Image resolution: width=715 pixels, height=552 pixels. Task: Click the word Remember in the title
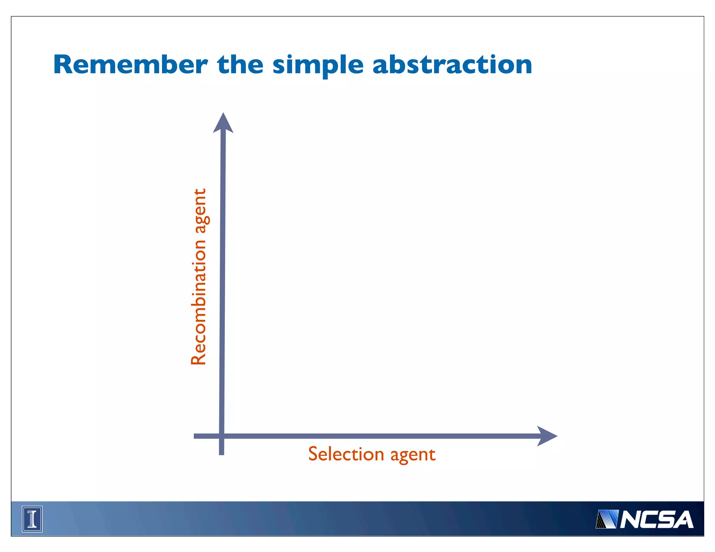coord(131,65)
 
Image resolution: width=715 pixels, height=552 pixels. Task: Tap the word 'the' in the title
coord(240,65)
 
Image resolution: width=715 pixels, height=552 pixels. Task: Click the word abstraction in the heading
coord(452,65)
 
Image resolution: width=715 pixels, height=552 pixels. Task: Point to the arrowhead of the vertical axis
coord(223,123)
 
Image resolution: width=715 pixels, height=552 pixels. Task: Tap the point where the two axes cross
coord(221,436)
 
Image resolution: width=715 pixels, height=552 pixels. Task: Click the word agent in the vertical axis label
coord(200,211)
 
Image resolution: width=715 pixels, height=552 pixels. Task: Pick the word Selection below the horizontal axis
coord(346,454)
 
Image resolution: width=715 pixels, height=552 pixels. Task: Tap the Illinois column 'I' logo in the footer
coord(32,519)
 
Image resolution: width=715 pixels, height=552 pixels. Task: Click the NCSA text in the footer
coord(656,520)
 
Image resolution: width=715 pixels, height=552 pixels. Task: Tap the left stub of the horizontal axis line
coord(204,436)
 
